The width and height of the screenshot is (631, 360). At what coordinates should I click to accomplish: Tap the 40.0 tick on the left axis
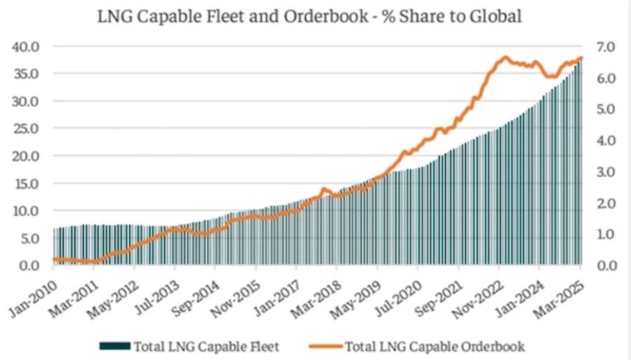click(x=27, y=46)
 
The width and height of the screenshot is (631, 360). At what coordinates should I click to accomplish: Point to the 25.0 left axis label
click(x=27, y=128)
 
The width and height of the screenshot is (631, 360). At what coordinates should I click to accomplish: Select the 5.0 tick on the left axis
click(x=28, y=238)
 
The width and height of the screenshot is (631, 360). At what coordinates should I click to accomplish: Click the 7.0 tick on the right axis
click(x=606, y=46)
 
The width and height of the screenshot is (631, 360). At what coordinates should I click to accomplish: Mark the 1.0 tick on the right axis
click(x=606, y=234)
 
